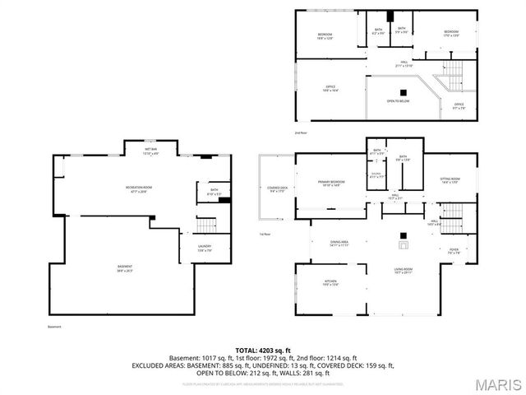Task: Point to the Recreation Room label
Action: coord(136,189)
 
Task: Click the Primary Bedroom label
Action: coord(332,183)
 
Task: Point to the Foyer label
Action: coord(453,252)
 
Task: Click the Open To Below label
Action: coord(398,101)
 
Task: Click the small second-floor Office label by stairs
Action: coord(459,105)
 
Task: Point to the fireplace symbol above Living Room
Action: coord(402,243)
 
